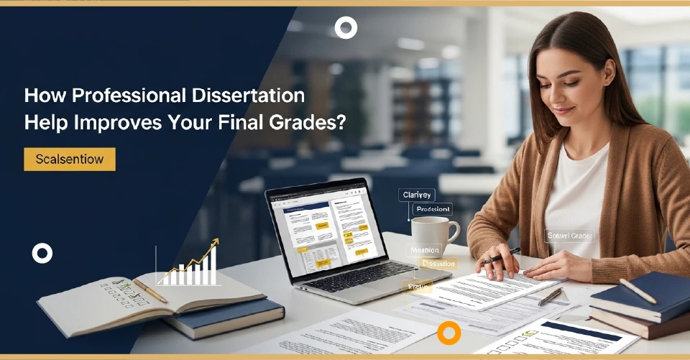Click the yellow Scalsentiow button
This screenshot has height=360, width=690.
tap(70, 159)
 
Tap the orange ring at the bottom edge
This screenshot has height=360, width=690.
tap(449, 333)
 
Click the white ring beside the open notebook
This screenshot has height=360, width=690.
tap(42, 253)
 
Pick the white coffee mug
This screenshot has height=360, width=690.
tap(433, 236)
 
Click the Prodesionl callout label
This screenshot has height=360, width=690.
tap(432, 209)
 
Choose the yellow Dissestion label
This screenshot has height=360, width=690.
tap(438, 264)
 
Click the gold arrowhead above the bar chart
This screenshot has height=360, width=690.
tap(214, 244)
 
